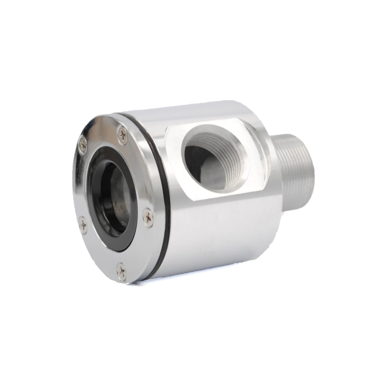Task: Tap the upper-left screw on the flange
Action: click(83, 145)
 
